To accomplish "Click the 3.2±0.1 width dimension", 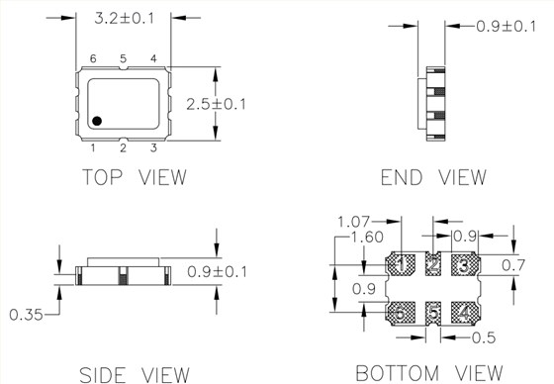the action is (125, 18).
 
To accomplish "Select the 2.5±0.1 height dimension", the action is (216, 104).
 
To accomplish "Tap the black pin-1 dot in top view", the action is (97, 121).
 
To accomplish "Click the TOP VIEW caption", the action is (135, 177).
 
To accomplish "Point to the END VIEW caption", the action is (433, 177).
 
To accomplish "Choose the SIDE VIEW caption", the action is (135, 375).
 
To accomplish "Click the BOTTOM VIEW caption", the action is (429, 373).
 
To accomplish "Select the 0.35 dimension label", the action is (26, 315).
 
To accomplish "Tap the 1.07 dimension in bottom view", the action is (353, 222).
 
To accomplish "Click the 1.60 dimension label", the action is (367, 238).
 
